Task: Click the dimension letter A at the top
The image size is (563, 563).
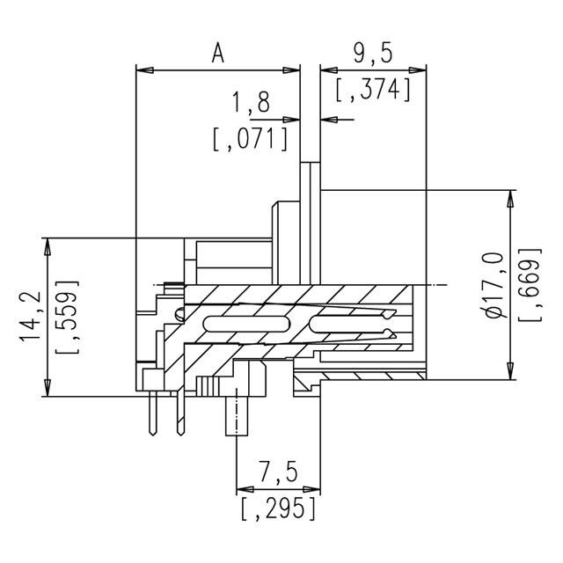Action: coord(218,54)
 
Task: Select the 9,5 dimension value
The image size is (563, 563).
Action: coord(372,55)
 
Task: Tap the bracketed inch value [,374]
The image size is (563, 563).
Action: coord(374,89)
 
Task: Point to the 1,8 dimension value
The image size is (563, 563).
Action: coord(251,105)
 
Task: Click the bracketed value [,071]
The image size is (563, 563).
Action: coord(252,139)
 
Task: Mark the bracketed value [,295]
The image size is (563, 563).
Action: coord(277,508)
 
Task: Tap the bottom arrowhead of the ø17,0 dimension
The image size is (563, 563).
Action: coord(511,371)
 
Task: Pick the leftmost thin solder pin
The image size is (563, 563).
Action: coord(155,413)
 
